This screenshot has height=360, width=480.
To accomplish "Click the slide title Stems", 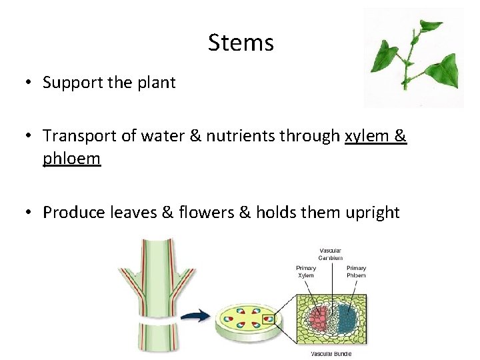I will click(x=241, y=43).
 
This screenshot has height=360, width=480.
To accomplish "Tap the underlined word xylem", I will click(x=365, y=136).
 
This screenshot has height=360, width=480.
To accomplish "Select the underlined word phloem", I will click(x=72, y=159).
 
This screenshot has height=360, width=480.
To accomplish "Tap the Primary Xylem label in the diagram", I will click(x=306, y=271).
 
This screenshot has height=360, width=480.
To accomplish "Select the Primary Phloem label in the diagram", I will click(x=356, y=271).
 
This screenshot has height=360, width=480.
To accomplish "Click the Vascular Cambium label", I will click(x=331, y=254).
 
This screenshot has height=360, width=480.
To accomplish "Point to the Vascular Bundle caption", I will click(x=331, y=353).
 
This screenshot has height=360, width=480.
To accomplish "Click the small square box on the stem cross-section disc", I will click(x=268, y=319).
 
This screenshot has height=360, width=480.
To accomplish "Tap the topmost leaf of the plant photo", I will click(x=431, y=27).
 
